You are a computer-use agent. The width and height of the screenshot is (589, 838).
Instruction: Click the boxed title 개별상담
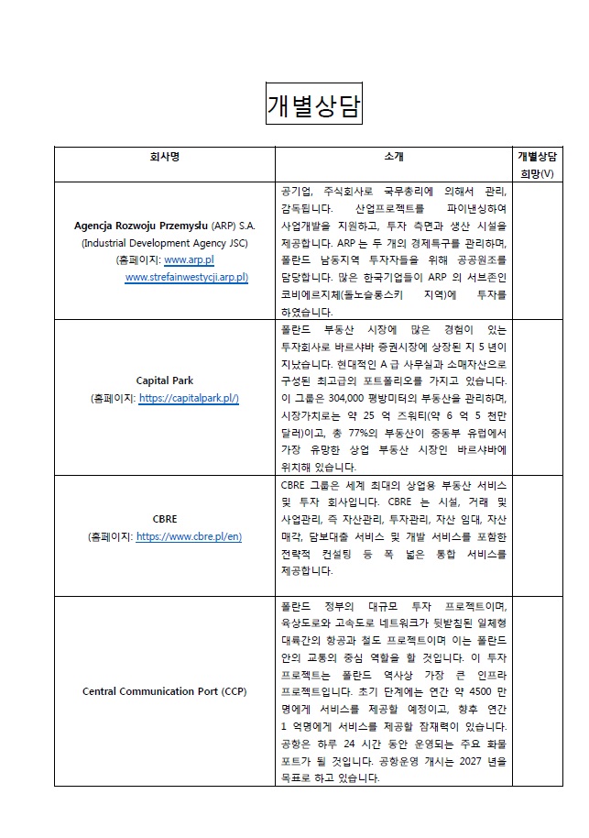tap(313, 105)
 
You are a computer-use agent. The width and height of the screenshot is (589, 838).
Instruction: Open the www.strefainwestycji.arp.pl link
tap(186, 277)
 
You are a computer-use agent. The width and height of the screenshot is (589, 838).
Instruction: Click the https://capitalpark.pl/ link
tap(189, 399)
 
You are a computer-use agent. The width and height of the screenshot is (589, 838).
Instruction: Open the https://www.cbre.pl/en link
tap(189, 536)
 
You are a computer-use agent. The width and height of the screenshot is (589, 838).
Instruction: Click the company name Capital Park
tap(164, 380)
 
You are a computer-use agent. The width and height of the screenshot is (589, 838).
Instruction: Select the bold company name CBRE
tap(165, 518)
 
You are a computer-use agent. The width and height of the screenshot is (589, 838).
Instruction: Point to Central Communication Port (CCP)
tap(165, 690)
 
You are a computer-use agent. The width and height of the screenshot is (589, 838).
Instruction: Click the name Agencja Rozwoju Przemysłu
tap(141, 225)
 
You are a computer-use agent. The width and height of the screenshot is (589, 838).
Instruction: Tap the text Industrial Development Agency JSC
tap(165, 243)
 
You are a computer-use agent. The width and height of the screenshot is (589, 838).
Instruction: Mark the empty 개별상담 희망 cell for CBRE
tap(538, 536)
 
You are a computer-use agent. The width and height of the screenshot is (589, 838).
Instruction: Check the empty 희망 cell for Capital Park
tap(538, 398)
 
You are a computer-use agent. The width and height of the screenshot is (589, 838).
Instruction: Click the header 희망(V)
tap(538, 172)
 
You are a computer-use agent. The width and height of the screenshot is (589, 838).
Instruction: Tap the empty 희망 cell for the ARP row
tap(538, 251)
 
